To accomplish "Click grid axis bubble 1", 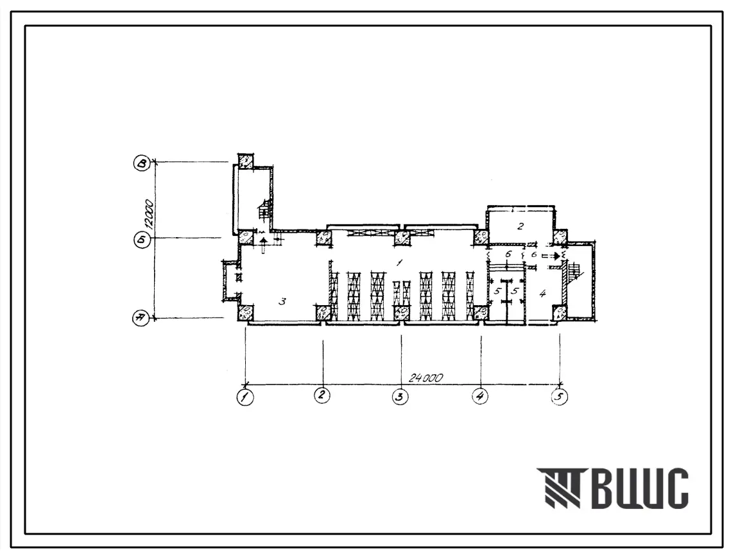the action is point(245,397).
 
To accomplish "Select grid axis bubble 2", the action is point(322,395).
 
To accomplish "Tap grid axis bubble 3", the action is point(400,397).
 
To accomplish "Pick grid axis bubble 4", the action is point(479,396).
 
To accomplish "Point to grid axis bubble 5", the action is point(560,397).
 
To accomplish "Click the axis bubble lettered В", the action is point(142,163).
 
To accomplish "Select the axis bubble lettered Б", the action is point(142,240).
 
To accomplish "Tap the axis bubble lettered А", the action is point(141,319).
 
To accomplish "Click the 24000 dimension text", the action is point(425,378).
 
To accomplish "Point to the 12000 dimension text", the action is point(150,214).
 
